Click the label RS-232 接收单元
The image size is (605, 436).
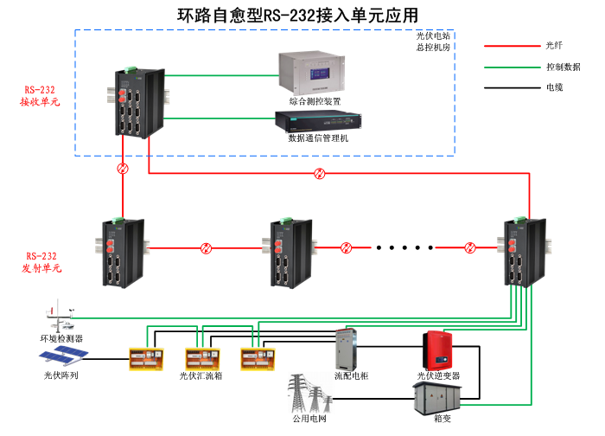coord(41,95)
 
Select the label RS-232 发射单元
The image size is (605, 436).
coord(41,262)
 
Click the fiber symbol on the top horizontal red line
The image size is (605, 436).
coord(321,174)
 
